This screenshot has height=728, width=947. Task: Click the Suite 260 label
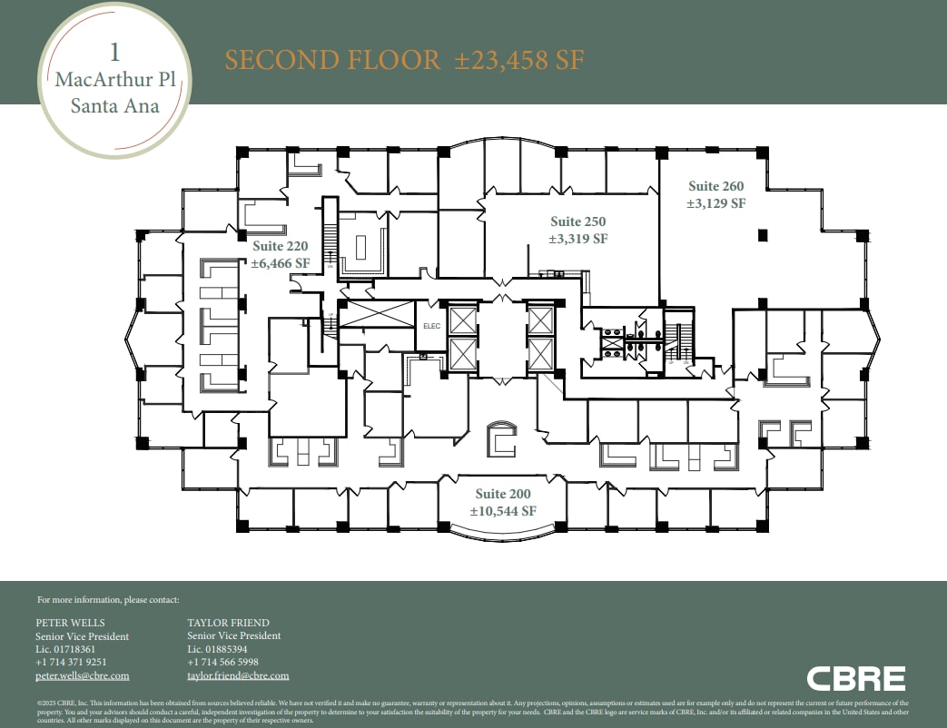715,187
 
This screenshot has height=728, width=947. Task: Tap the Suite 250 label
577,221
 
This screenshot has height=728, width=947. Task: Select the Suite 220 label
280,246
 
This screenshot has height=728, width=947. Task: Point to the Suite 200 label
503,494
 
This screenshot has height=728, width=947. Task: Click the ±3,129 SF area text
715,204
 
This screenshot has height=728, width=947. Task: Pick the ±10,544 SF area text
503,511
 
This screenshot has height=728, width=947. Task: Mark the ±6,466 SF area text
280,263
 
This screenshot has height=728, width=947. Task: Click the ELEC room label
431,328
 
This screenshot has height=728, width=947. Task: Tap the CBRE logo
855,679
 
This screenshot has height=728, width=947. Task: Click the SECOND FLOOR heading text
332,61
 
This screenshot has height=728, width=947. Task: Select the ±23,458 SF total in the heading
519,61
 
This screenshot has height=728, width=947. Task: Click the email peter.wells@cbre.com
82,676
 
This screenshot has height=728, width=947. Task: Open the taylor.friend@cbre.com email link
238,676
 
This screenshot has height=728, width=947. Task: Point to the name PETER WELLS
70,623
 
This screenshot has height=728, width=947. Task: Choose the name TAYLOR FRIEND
228,623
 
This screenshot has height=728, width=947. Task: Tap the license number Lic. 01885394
217,650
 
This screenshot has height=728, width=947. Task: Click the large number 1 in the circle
115,51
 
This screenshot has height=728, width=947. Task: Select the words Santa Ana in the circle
115,106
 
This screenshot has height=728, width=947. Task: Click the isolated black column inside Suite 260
763,235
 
